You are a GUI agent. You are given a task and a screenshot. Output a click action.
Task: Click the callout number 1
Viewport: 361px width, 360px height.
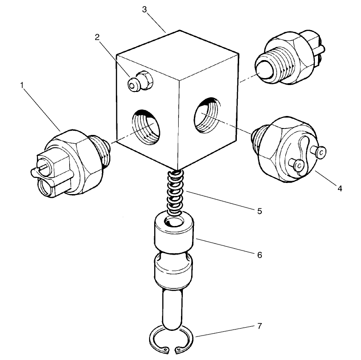[x=21, y=85]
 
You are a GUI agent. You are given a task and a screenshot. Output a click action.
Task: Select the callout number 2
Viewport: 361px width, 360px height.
[x=97, y=37]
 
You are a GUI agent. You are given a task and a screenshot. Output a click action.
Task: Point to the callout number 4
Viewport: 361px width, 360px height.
[x=339, y=189]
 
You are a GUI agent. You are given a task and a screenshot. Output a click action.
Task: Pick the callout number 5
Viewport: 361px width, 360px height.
[x=259, y=211]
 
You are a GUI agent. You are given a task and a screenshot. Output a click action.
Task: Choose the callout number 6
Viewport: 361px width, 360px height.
[x=259, y=255]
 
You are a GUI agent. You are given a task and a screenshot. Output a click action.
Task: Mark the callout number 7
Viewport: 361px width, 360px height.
[x=259, y=326]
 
